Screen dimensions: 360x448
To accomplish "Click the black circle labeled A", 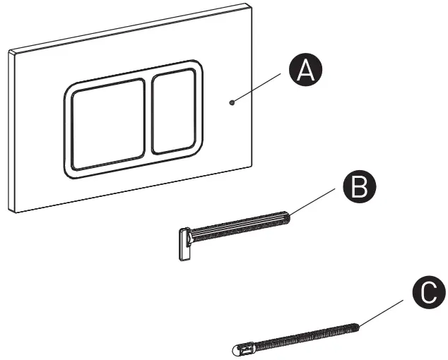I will (304, 72).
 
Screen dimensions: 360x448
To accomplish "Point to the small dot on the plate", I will (232, 103).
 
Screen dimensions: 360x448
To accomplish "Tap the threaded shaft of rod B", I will (240, 226).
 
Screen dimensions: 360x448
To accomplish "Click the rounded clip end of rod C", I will (240, 348).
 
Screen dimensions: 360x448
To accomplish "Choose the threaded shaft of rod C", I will (304, 335).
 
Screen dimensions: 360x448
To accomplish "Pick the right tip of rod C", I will (360, 325).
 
